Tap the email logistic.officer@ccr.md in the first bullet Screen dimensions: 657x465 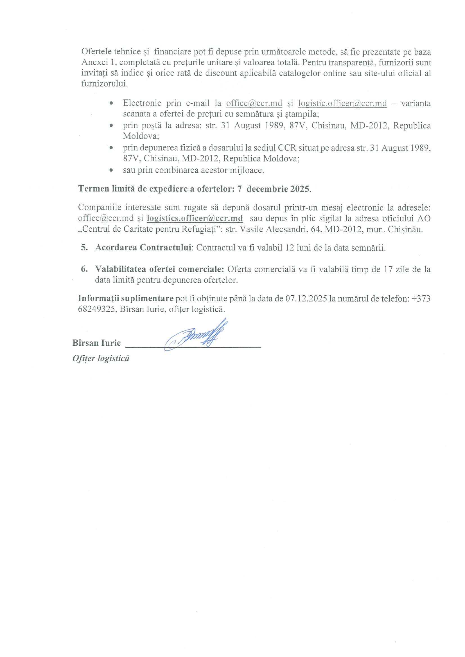[x=342, y=103]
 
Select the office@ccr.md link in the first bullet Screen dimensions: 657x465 [x=254, y=103]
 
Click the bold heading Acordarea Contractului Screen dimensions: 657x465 [x=143, y=248]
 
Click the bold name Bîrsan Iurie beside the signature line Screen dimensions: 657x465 [x=96, y=343]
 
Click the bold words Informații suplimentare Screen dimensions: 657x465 [x=126, y=298]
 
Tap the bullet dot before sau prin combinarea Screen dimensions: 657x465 [x=111, y=170]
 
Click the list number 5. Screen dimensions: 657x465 [x=84, y=248]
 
